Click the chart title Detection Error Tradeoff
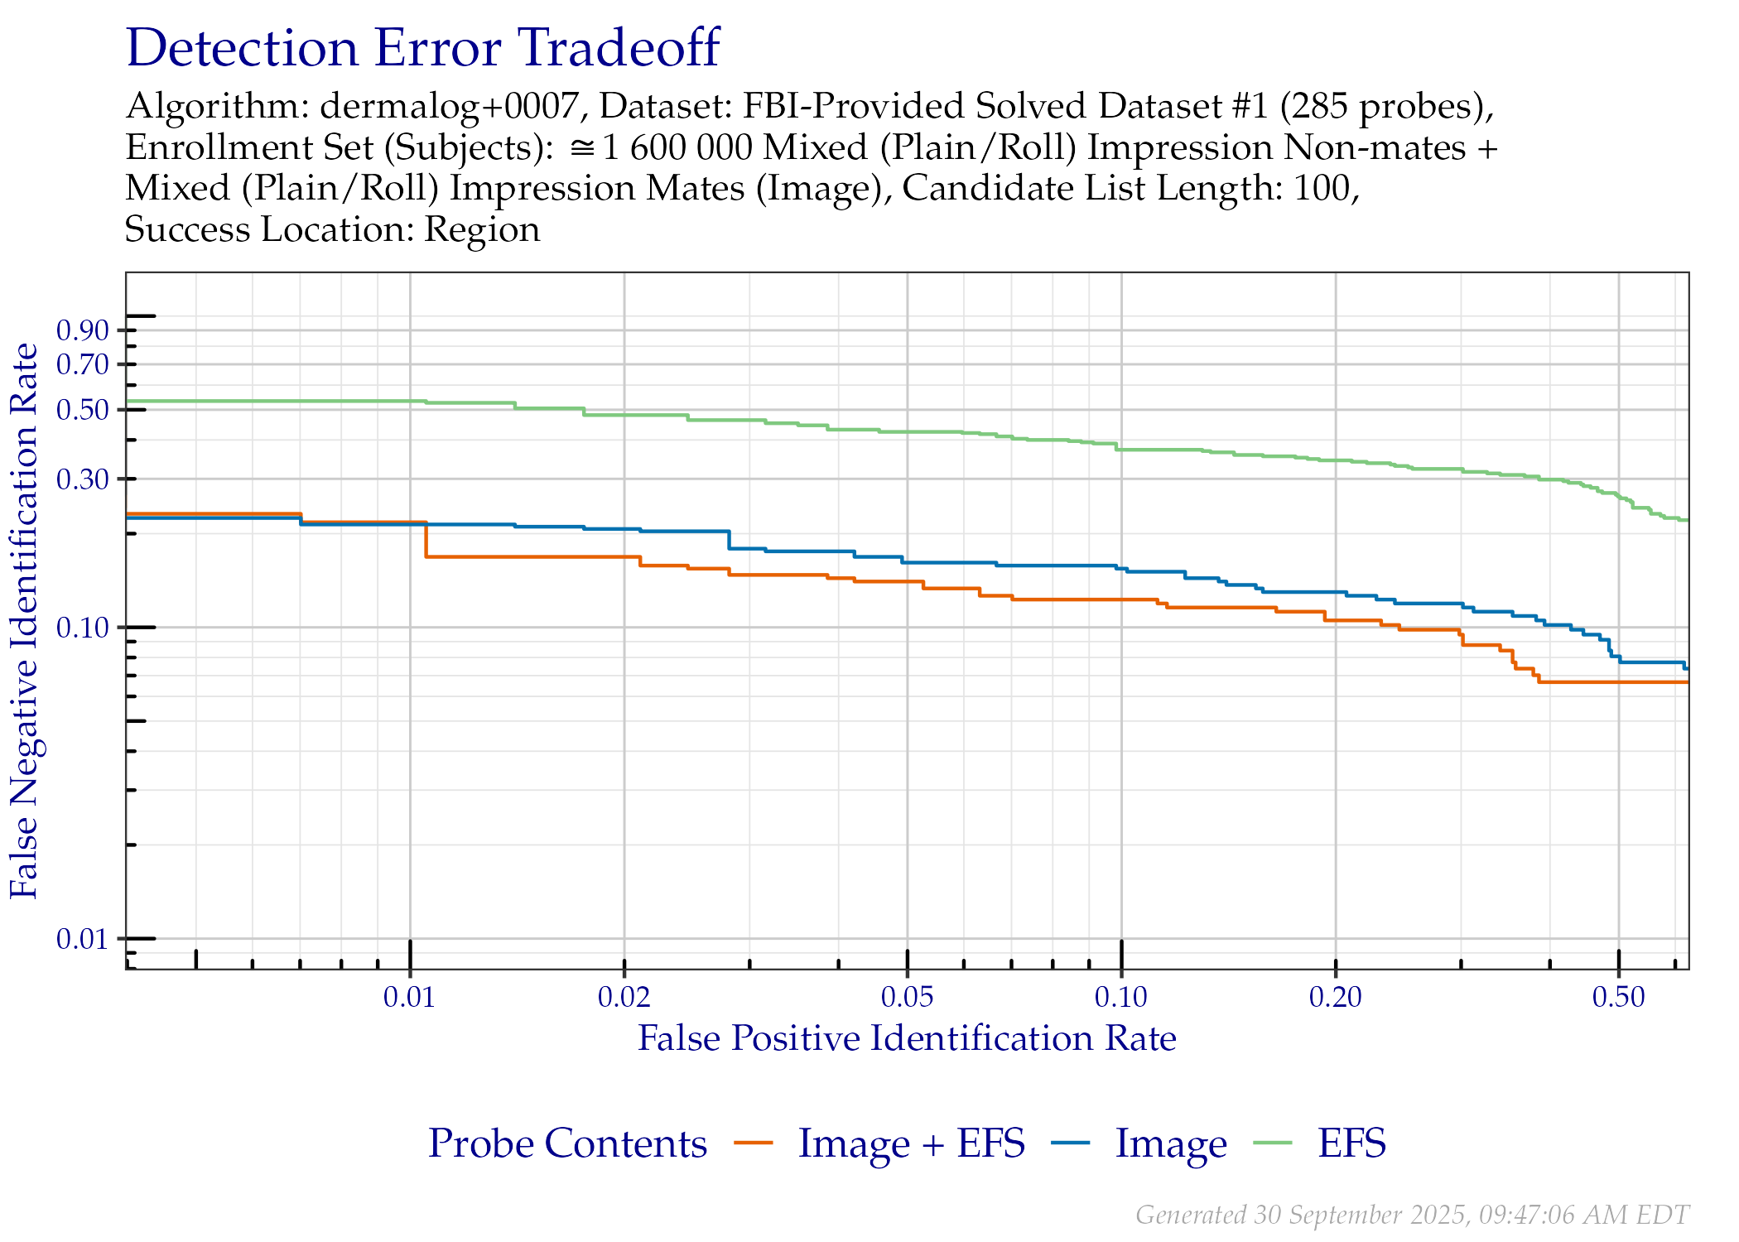pos(422,48)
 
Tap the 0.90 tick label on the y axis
pos(83,330)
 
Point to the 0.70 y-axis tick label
pos(83,363)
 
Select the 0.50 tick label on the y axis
pos(83,410)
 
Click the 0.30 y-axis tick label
pos(83,479)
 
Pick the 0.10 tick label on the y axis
pos(83,628)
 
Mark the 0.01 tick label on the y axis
pos(83,939)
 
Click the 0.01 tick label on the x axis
pos(409,997)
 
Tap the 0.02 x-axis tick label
pos(624,997)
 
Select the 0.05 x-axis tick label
pos(908,997)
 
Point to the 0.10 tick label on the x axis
pos(1121,997)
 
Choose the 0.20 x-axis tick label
pos(1336,997)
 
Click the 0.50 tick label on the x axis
pos(1619,997)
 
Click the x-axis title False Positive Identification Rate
pos(907,1038)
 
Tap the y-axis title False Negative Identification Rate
pos(25,621)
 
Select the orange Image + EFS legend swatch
pos(754,1143)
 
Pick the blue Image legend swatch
pos(1071,1143)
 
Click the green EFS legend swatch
pos(1273,1143)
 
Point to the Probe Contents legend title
pos(568,1143)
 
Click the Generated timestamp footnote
pos(1412,1215)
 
